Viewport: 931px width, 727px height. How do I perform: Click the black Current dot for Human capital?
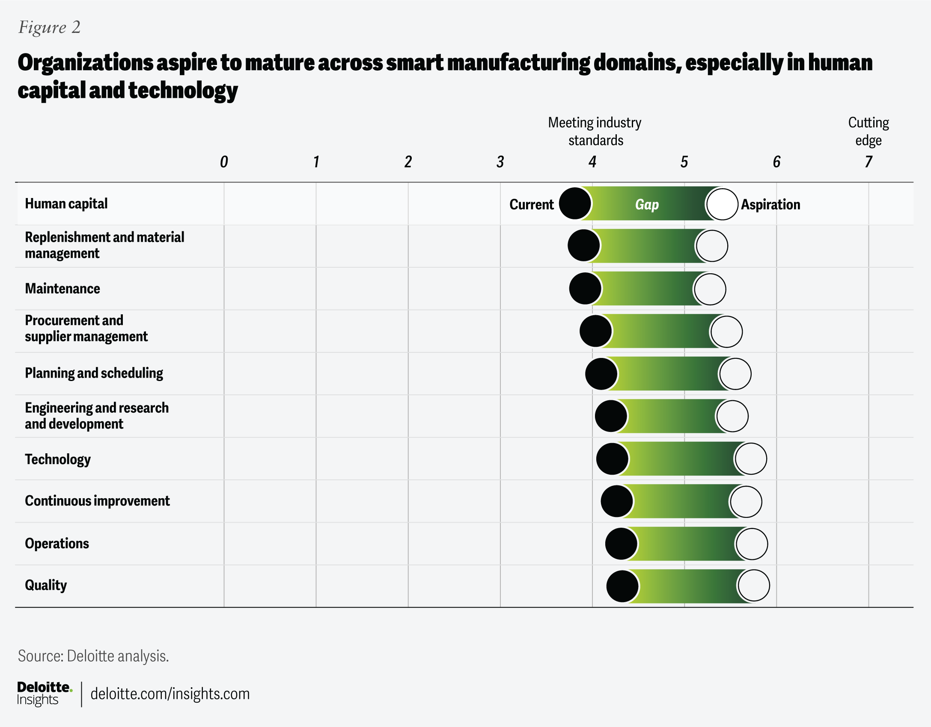pyautogui.click(x=575, y=204)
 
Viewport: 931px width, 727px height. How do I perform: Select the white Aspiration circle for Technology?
pyautogui.click(x=750, y=459)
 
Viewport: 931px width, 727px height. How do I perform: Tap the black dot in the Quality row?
pyautogui.click(x=622, y=586)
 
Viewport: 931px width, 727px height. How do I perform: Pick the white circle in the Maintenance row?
pyautogui.click(x=710, y=289)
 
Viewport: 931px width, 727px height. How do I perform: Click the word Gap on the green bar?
pyautogui.click(x=647, y=204)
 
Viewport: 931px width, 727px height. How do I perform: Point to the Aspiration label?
pyautogui.click(x=770, y=204)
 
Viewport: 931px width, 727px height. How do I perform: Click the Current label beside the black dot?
pyautogui.click(x=532, y=204)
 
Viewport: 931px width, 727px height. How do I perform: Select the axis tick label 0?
pyautogui.click(x=224, y=162)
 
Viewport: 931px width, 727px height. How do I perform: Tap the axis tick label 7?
pyautogui.click(x=868, y=162)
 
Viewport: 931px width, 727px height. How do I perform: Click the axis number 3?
pyautogui.click(x=500, y=162)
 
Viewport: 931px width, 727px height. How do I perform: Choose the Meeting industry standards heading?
pyautogui.click(x=595, y=131)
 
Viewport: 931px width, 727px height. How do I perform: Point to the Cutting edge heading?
pyautogui.click(x=869, y=131)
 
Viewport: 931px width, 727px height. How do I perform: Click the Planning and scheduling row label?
pyautogui.click(x=94, y=373)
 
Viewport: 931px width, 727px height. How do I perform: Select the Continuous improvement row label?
pyautogui.click(x=97, y=501)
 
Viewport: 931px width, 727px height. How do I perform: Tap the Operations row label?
pyautogui.click(x=57, y=544)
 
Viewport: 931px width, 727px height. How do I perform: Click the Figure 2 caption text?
pyautogui.click(x=50, y=27)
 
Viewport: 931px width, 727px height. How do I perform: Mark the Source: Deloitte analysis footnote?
pyautogui.click(x=93, y=656)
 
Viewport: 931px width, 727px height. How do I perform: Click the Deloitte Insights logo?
pyautogui.click(x=45, y=693)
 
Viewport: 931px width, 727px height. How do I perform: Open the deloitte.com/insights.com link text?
pyautogui.click(x=170, y=694)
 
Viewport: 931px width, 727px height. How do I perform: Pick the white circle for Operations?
pyautogui.click(x=752, y=544)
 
